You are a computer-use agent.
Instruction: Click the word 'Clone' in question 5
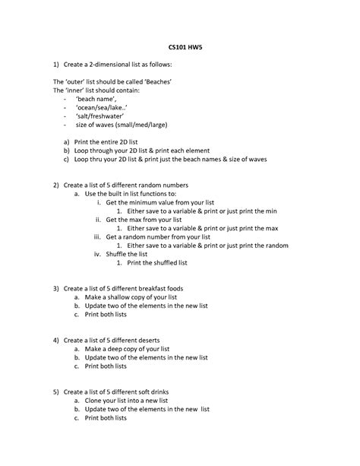(x=94, y=401)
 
